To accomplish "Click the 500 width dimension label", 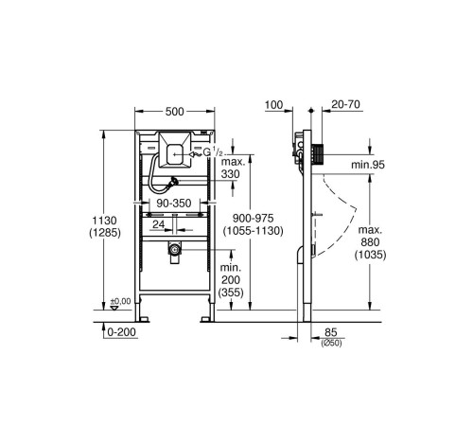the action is [175, 112].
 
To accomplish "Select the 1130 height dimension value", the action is [104, 220].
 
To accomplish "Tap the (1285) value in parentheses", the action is [105, 233].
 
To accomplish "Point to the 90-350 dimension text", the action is [174, 204].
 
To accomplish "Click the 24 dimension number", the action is [159, 224].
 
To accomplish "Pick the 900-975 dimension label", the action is [253, 218].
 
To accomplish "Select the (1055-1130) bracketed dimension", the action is [253, 231].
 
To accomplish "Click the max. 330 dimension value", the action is [233, 169].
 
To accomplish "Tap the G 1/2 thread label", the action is [213, 153].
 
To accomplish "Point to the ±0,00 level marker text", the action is [120, 302].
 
